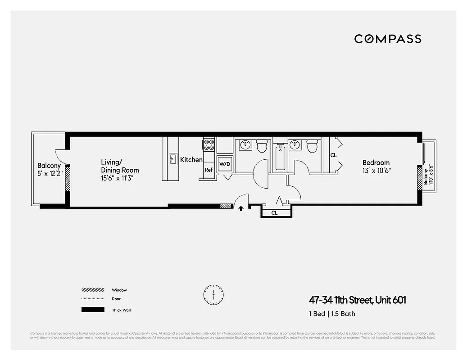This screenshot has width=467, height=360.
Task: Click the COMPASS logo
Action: pyautogui.click(x=388, y=39)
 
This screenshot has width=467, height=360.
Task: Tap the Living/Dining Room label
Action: pyautogui.click(x=119, y=166)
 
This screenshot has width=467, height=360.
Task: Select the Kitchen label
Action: pyautogui.click(x=191, y=160)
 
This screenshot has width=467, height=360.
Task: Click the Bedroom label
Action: pyautogui.click(x=376, y=162)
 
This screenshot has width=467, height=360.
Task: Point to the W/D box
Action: pyautogui.click(x=224, y=164)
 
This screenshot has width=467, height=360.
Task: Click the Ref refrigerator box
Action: pyautogui.click(x=209, y=170)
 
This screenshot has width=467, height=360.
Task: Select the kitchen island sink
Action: pyautogui.click(x=172, y=158)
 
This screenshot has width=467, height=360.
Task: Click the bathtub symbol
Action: pyautogui.click(x=280, y=157)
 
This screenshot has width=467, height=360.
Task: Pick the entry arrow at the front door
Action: pyautogui.click(x=241, y=208)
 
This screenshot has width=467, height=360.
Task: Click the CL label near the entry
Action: pyautogui.click(x=275, y=213)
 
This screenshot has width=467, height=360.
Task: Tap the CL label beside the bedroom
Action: pyautogui.click(x=333, y=155)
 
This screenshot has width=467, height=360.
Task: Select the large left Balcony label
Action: pyautogui.click(x=49, y=166)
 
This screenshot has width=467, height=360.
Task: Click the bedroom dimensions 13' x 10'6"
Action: pyautogui.click(x=376, y=171)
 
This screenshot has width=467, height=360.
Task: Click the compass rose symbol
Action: pyautogui.click(x=213, y=295)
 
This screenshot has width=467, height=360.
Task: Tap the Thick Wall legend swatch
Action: pyautogui.click(x=93, y=310)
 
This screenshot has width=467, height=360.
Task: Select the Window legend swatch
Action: pyautogui.click(x=93, y=290)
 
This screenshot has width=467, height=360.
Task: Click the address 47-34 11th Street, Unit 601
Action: pyautogui.click(x=357, y=300)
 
